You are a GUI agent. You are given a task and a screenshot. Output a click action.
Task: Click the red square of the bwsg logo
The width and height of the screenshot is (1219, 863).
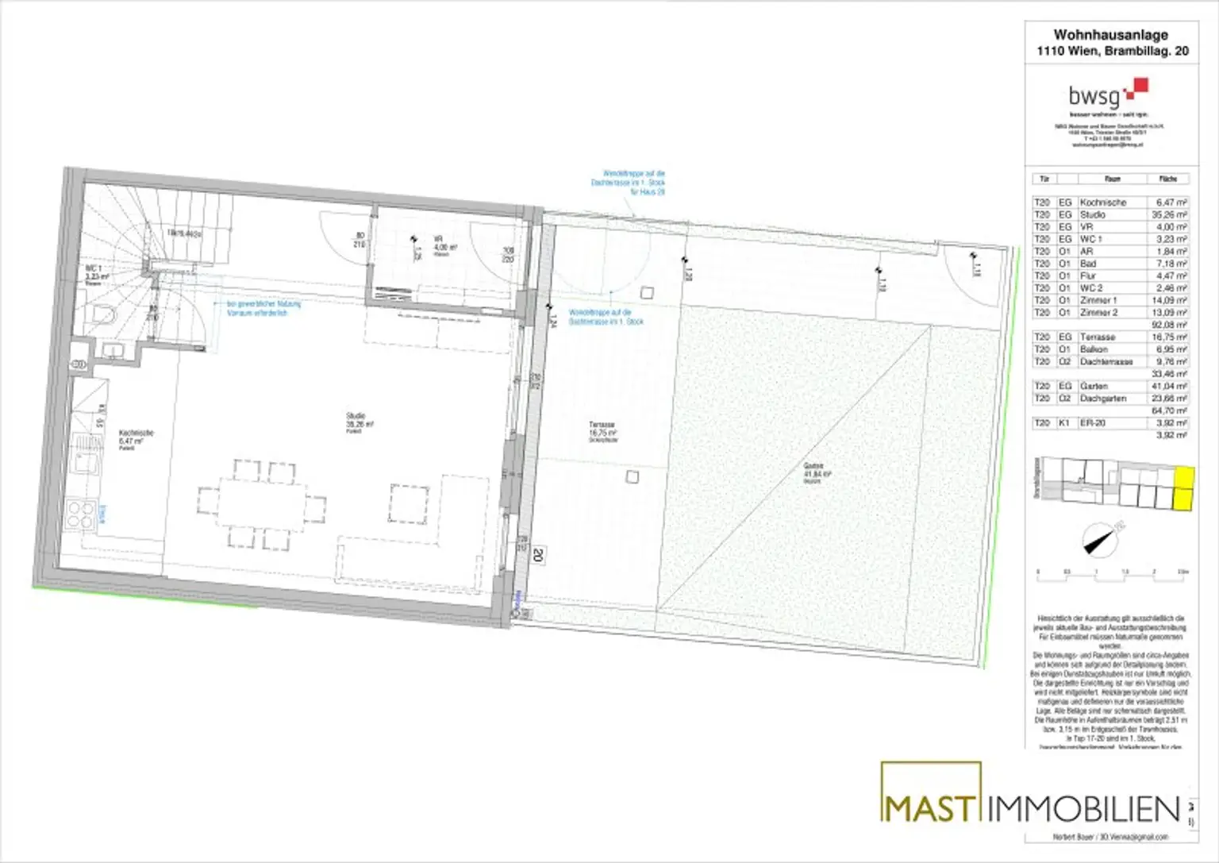tap(1140, 87)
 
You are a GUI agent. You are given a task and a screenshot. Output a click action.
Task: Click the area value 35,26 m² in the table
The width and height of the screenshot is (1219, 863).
tap(1171, 214)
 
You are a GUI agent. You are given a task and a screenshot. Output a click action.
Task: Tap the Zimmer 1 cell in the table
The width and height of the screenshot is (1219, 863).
tap(1098, 300)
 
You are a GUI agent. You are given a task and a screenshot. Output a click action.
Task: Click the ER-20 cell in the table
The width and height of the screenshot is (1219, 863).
tap(1092, 423)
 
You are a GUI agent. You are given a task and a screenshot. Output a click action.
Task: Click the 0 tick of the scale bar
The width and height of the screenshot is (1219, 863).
tap(1038, 572)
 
